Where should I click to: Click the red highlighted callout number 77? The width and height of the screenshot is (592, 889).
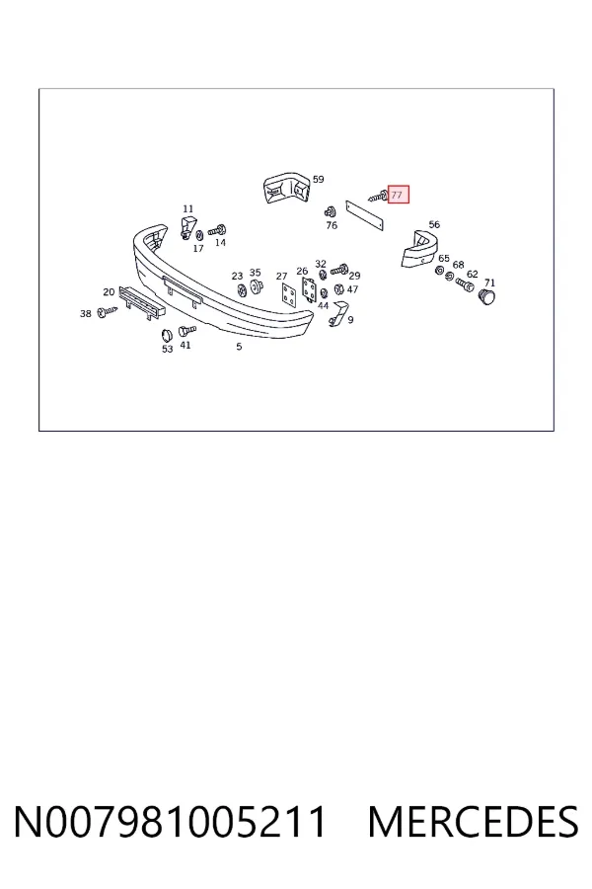click(x=399, y=195)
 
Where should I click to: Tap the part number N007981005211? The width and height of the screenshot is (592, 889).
click(x=170, y=822)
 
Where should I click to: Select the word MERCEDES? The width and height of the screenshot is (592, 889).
click(x=473, y=822)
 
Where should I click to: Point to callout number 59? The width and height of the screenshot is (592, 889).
click(x=319, y=179)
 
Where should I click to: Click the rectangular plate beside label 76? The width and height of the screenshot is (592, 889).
click(x=365, y=215)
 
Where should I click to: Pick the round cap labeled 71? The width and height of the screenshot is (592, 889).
click(x=486, y=296)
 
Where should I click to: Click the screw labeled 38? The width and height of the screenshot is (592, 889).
click(x=107, y=311)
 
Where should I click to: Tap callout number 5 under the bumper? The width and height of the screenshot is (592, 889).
click(x=239, y=347)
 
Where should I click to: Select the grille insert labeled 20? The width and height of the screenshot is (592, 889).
click(x=142, y=302)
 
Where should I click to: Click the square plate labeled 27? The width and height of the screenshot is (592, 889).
click(x=289, y=293)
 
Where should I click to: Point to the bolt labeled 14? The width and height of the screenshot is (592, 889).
click(x=217, y=230)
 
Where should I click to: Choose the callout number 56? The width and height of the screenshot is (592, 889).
click(x=434, y=224)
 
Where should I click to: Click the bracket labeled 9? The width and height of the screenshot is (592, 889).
click(x=338, y=313)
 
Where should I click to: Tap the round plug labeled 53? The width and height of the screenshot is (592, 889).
click(x=167, y=335)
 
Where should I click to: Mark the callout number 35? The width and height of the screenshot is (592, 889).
click(x=255, y=273)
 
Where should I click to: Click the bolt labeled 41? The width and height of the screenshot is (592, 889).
click(x=186, y=331)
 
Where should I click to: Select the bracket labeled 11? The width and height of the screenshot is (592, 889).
click(x=186, y=226)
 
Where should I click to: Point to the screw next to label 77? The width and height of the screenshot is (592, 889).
click(x=378, y=197)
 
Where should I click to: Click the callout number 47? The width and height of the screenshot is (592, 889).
click(x=353, y=289)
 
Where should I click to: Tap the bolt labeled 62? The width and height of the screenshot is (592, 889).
click(x=464, y=284)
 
